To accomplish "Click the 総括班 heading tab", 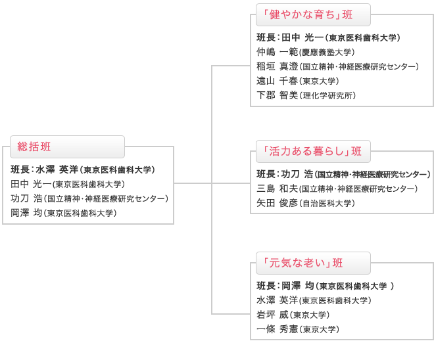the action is click(x=67, y=146).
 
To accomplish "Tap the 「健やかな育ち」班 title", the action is click(x=307, y=14).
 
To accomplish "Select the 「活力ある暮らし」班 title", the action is click(x=312, y=151).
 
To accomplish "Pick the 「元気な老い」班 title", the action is click(x=302, y=263).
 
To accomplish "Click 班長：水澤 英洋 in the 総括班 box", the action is click(x=44, y=169).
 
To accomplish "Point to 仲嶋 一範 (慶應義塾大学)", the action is click(x=306, y=52).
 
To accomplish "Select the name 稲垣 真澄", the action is click(x=277, y=66).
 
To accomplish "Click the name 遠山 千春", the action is click(x=277, y=81).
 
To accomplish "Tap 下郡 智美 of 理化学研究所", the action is click(x=306, y=95).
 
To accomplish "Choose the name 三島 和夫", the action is click(x=277, y=189).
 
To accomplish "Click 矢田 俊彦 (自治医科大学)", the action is click(x=306, y=203).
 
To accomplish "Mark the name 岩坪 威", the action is click(x=273, y=315).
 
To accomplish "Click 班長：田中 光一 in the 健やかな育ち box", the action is click(x=290, y=37).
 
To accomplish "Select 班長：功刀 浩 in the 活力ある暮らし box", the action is click(x=285, y=174).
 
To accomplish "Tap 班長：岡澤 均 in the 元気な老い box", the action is click(x=285, y=286).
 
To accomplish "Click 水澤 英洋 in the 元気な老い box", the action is click(x=277, y=300).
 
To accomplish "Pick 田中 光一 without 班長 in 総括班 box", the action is click(x=31, y=184).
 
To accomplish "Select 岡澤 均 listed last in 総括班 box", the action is click(x=26, y=213).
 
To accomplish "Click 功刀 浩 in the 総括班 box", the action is click(x=26, y=198).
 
